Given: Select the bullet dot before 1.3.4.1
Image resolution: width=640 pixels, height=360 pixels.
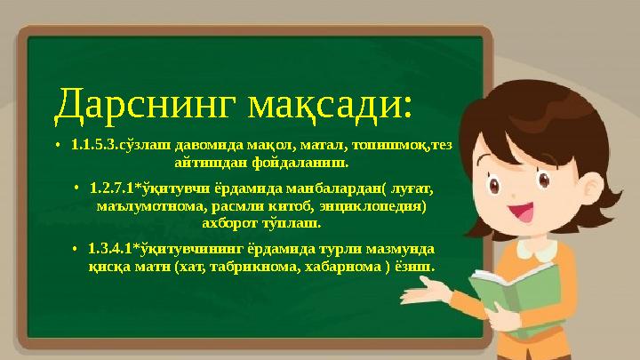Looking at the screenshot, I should pyautogui.click(x=75, y=250).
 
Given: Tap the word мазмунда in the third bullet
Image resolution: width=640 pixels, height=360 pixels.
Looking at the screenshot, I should pyautogui.click(x=407, y=249).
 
